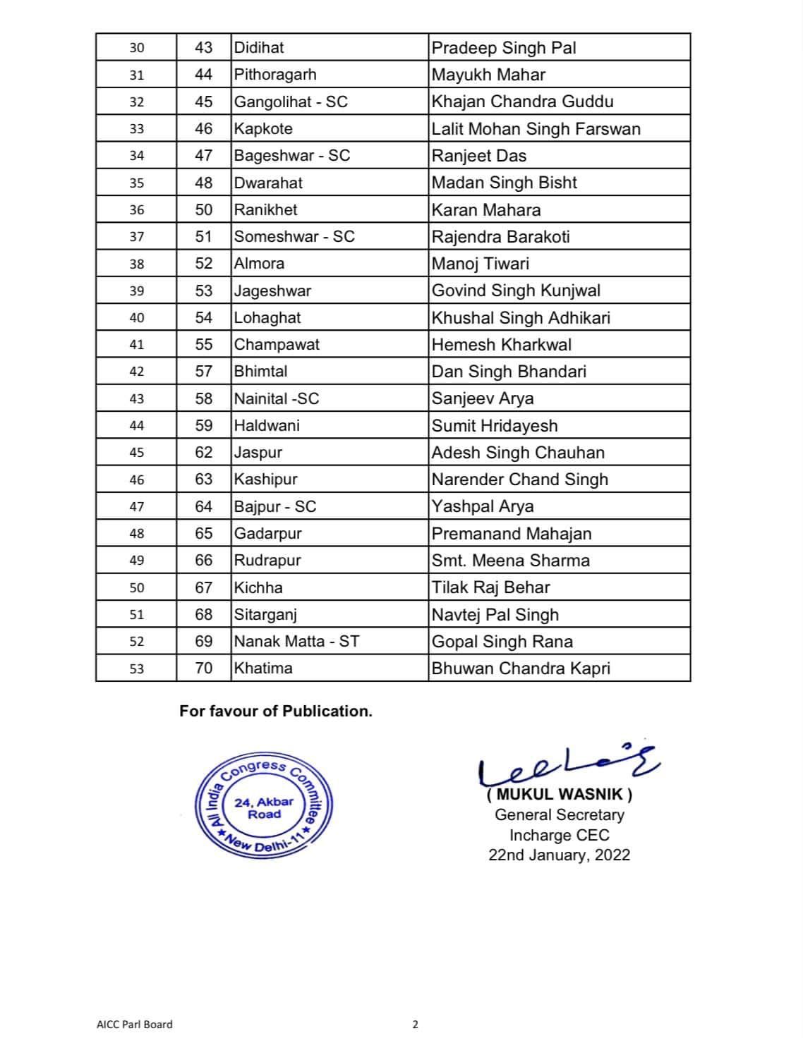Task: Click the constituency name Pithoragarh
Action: coord(275,75)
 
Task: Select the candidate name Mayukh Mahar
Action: coord(488,75)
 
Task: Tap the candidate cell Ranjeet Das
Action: coord(478,156)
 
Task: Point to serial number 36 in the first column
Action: coord(136,210)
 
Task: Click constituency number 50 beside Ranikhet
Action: coord(203,210)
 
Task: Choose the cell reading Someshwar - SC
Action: coord(294,237)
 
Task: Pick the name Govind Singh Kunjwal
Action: coord(516,291)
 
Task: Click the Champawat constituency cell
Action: coord(277,345)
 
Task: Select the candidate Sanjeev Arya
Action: coord(483,398)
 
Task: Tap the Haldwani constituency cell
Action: coord(267,425)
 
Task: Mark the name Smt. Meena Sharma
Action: coord(510,561)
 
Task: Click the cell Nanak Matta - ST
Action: coord(296,642)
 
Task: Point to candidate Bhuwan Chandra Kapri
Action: coord(521,668)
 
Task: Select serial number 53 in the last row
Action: coord(136,668)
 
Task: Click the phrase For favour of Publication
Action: coord(275,711)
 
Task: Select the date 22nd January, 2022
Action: coord(559,855)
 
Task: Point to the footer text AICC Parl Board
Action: coord(134,1024)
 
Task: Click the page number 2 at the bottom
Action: coord(415,1025)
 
